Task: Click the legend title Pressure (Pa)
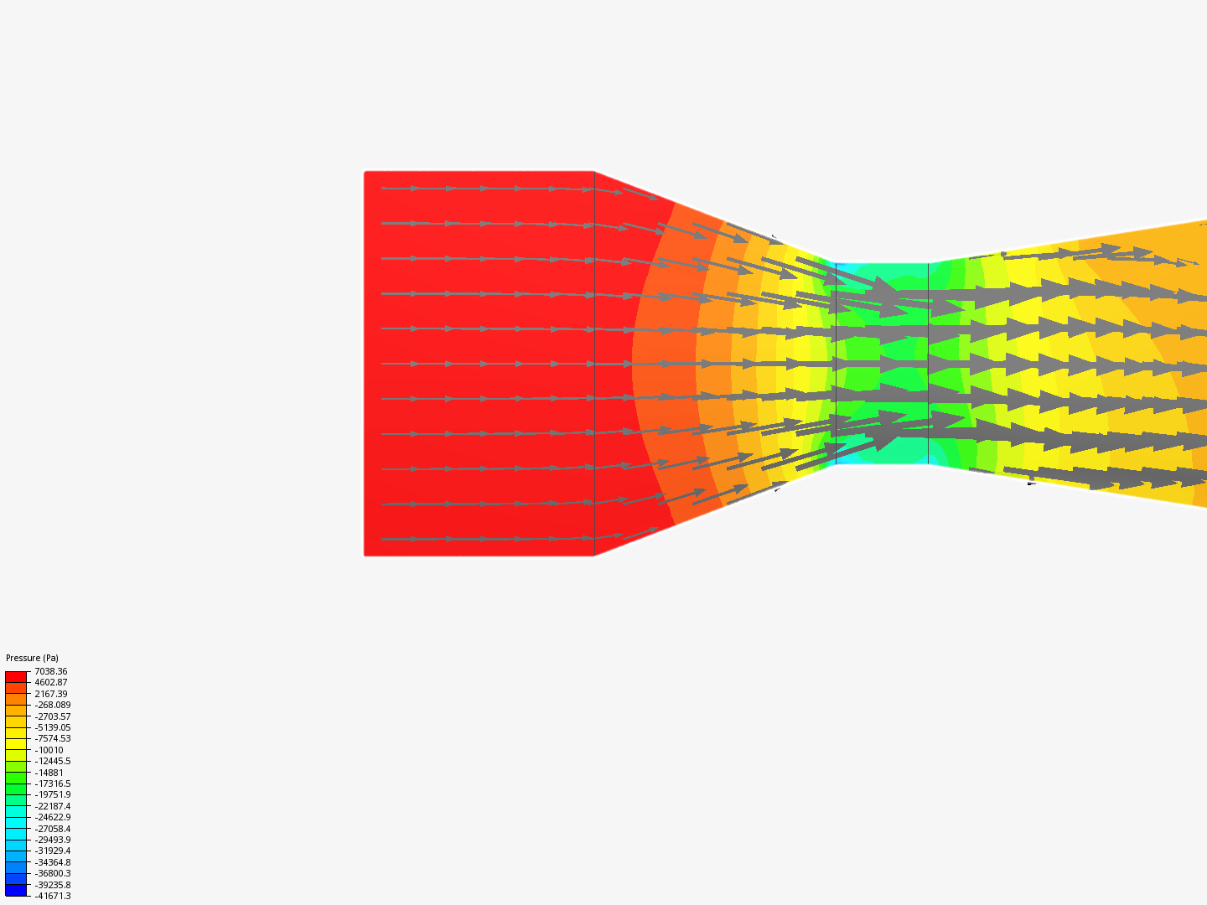pyautogui.click(x=32, y=658)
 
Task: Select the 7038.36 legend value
pyautogui.click(x=50, y=671)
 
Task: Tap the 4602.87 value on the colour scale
pyautogui.click(x=50, y=682)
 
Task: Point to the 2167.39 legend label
pyautogui.click(x=50, y=694)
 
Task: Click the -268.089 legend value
pyautogui.click(x=53, y=705)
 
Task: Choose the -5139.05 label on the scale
pyautogui.click(x=53, y=727)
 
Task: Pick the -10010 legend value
pyautogui.click(x=49, y=750)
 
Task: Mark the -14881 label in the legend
pyautogui.click(x=49, y=773)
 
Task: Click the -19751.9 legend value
pyautogui.click(x=53, y=794)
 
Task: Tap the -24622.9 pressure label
pyautogui.click(x=53, y=817)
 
